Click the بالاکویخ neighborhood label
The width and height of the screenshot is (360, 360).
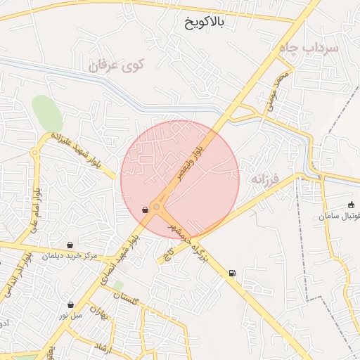(x=203, y=22)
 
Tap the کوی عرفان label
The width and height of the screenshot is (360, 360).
(x=112, y=67)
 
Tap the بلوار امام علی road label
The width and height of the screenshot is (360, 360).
(x=33, y=211)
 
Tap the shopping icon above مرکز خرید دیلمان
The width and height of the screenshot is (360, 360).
(x=69, y=245)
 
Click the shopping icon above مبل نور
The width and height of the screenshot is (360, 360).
(x=71, y=304)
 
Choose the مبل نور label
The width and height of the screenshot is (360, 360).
(x=70, y=315)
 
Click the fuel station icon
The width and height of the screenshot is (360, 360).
(x=232, y=274)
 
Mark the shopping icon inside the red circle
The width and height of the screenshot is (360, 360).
(x=146, y=210)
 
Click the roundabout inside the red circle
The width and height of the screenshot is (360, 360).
(x=156, y=207)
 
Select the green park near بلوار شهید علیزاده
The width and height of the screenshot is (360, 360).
(x=46, y=112)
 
